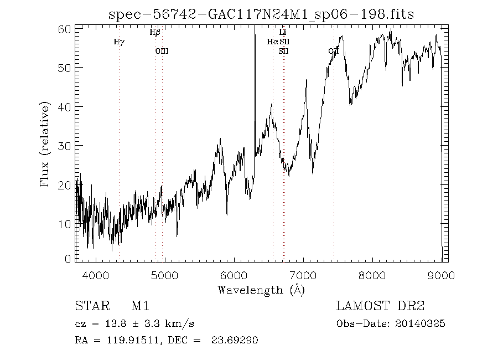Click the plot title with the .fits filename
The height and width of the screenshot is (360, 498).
pos(261,14)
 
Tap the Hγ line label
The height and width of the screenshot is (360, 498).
pos(119,42)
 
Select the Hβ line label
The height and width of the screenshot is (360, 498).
pos(155,33)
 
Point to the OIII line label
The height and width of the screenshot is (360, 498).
pos(162,51)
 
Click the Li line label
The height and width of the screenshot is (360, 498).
pos(283,33)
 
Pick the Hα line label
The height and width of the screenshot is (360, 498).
pos(272,42)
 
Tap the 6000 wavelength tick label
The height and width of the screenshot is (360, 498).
pos(234,275)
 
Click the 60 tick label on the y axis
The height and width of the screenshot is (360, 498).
pos(65,28)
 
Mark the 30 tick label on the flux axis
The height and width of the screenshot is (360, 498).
pos(65,145)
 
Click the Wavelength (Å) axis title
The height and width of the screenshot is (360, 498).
pos(261,290)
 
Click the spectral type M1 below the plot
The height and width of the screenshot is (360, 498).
pos(140,306)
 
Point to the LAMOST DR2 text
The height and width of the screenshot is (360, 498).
pos(381,306)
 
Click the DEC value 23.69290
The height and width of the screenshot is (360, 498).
pos(235,341)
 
